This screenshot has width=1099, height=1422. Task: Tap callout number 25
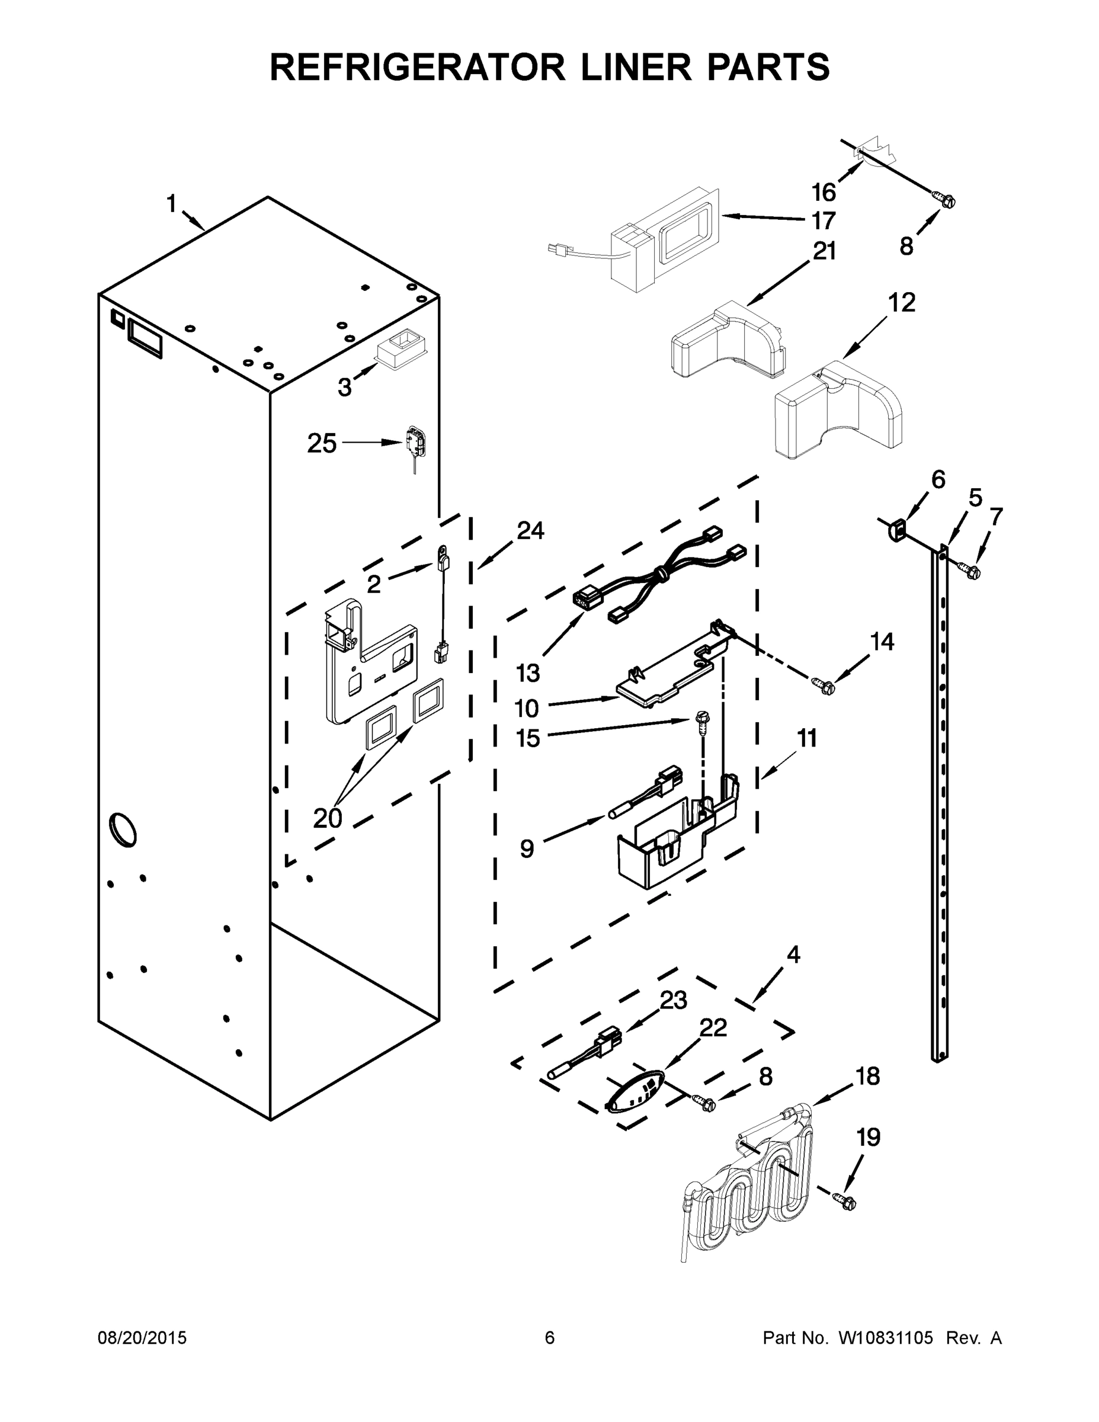pyautogui.click(x=322, y=444)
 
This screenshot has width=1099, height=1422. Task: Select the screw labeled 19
pyautogui.click(x=847, y=1203)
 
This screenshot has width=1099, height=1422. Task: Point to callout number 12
pyautogui.click(x=902, y=303)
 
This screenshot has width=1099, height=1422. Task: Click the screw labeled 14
pyautogui.click(x=824, y=684)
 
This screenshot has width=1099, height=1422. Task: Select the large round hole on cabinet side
pyautogui.click(x=123, y=829)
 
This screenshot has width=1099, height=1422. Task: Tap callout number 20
pyautogui.click(x=327, y=818)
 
